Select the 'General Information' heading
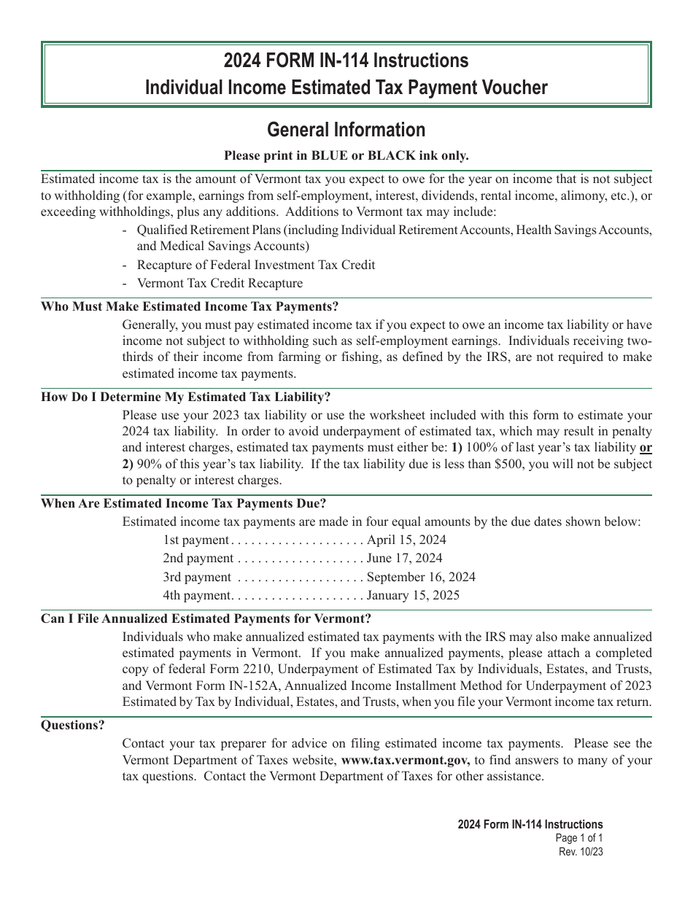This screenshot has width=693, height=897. pyautogui.click(x=346, y=130)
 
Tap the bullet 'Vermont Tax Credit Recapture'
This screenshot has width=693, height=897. pyautogui.click(x=220, y=283)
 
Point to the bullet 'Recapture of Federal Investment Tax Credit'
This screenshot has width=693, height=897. pyautogui.click(x=256, y=265)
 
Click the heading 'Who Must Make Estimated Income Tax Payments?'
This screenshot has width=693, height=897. pyautogui.click(x=190, y=306)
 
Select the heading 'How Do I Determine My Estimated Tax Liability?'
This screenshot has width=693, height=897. pyautogui.click(x=186, y=397)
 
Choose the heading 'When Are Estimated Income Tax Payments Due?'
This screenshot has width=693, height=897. pyautogui.click(x=184, y=503)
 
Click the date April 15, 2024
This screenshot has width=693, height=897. pyautogui.click(x=406, y=540)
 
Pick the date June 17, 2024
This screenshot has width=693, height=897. pyautogui.click(x=404, y=559)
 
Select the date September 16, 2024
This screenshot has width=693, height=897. pyautogui.click(x=421, y=577)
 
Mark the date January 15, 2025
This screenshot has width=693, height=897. pyautogui.click(x=413, y=595)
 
